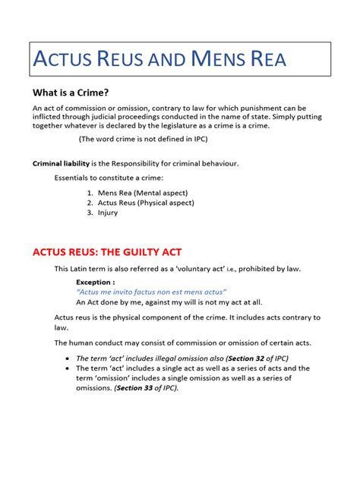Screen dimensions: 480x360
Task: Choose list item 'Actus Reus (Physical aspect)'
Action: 146,203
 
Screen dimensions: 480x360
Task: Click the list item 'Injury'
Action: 108,213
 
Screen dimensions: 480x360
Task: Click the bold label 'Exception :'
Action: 95,281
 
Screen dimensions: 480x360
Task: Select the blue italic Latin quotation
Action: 151,292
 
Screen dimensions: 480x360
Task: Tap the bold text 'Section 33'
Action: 137,388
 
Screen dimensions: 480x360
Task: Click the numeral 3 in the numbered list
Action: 89,213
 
